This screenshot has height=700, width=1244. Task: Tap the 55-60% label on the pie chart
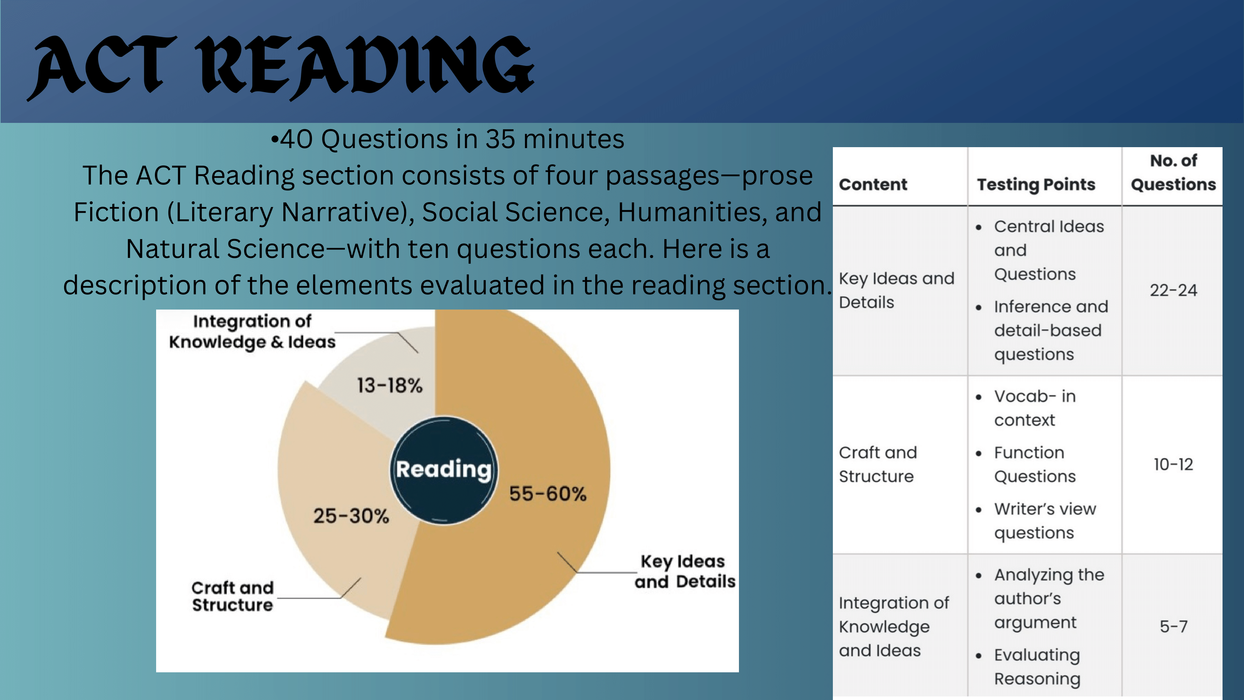click(x=548, y=494)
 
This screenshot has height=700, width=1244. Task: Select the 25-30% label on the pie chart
click(x=351, y=516)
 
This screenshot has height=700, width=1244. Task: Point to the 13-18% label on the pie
click(x=390, y=385)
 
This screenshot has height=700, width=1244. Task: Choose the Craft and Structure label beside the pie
click(x=233, y=596)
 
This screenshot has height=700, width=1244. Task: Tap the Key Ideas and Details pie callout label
click(x=685, y=572)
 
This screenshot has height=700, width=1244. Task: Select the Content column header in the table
click(x=873, y=184)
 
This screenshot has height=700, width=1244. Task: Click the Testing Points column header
click(x=1036, y=184)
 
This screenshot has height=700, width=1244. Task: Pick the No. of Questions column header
click(x=1173, y=172)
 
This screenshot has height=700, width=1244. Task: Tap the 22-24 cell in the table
click(x=1173, y=290)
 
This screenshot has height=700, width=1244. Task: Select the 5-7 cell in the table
click(x=1173, y=627)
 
